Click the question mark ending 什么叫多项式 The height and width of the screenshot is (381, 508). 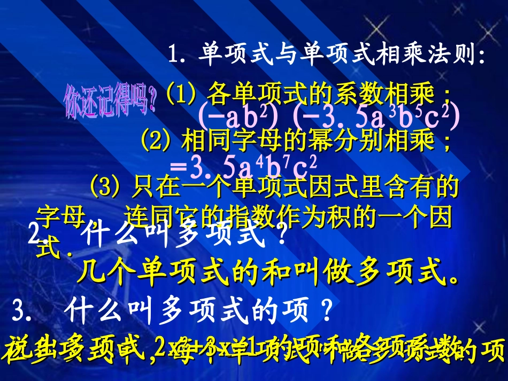pos(282,236)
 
